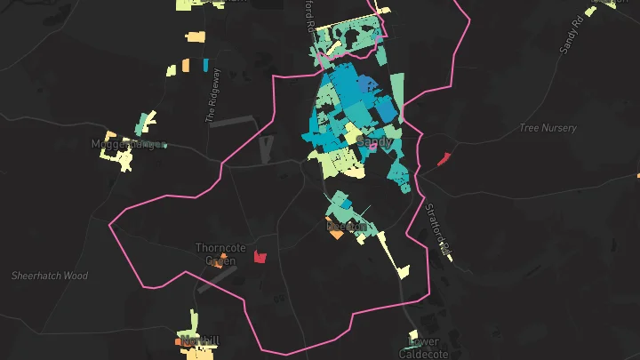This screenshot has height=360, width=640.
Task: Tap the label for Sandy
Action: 374,141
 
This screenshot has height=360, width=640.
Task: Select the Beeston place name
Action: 346,227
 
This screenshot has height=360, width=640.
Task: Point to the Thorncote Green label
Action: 215,254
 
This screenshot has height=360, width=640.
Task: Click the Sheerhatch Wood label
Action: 50,276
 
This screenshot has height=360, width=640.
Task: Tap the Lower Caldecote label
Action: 424,347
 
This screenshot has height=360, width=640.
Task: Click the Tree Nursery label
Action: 548,128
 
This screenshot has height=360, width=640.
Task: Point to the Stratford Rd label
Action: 436,226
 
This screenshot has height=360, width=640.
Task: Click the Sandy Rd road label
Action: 571,34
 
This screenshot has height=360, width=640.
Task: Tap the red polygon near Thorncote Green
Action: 260,257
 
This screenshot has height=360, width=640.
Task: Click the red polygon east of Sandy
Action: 444,159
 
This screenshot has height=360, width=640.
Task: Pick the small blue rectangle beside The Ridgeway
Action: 206,65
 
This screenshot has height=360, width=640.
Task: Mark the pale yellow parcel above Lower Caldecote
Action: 412,334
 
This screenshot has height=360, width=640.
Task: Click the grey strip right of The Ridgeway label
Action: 233,120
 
